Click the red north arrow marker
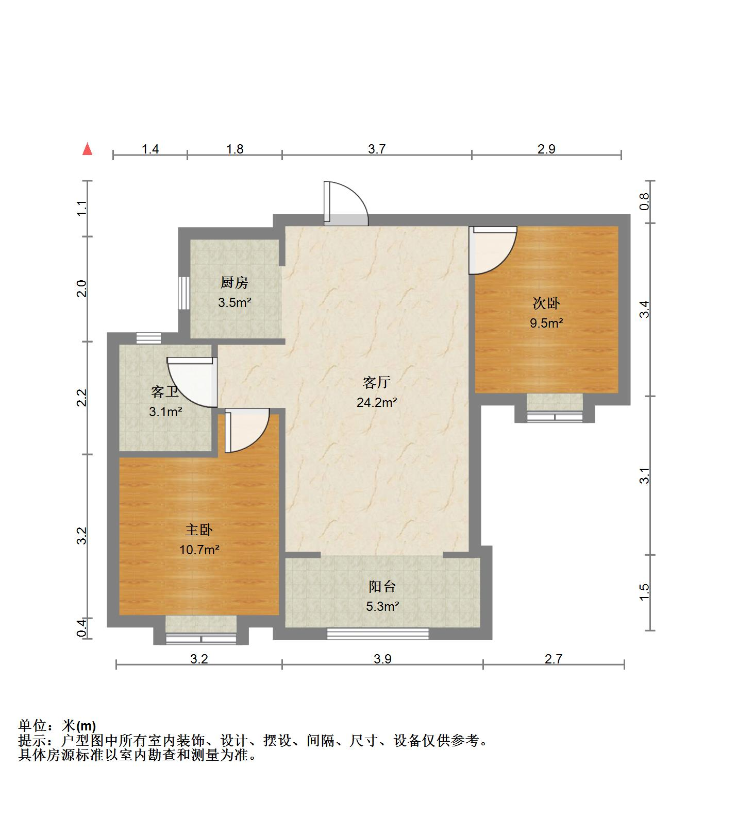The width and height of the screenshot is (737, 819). click(88, 149)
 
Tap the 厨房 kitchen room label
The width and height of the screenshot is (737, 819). click(234, 282)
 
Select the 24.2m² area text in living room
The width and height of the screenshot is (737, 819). click(377, 402)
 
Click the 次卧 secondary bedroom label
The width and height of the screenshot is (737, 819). click(546, 303)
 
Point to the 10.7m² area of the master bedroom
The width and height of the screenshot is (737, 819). click(199, 550)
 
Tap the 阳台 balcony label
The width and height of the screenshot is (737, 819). click(382, 586)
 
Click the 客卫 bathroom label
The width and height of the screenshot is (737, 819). click(165, 392)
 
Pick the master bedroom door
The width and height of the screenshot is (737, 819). click(246, 430)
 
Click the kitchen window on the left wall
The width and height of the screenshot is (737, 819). click(183, 294)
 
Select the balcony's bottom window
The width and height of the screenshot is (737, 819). click(378, 634)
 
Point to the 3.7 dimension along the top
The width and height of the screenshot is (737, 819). click(377, 149)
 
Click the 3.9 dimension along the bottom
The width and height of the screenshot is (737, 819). click(382, 659)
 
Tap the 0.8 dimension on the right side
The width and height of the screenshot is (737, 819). click(644, 202)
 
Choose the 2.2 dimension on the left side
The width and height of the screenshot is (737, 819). click(81, 398)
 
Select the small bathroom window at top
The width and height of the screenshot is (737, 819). click(148, 338)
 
